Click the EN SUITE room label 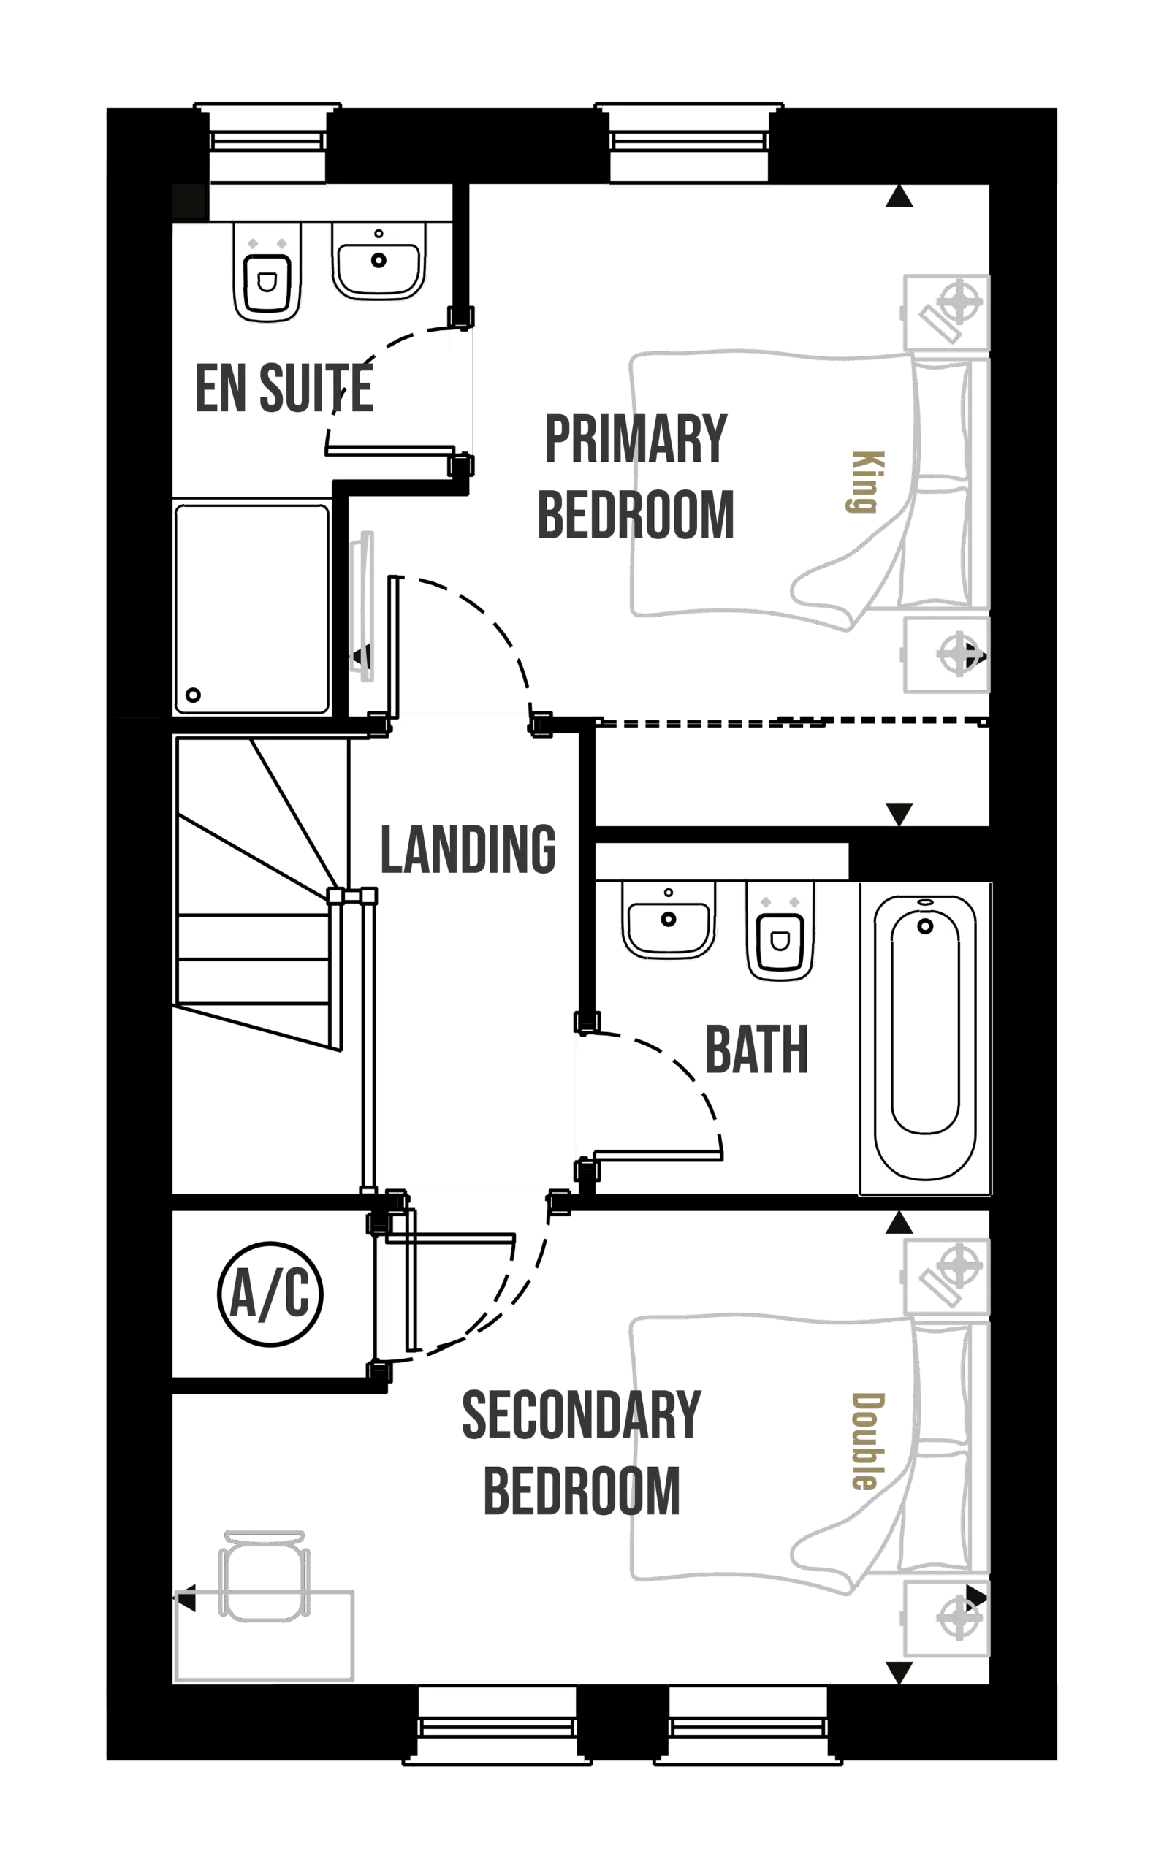point(283,389)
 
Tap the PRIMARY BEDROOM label point(636,477)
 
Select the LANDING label point(468,849)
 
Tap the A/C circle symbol point(270,1294)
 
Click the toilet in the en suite point(267,271)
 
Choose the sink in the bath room point(668,920)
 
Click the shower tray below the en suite point(252,608)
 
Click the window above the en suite point(268,146)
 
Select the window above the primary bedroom point(689,146)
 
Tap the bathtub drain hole point(925,926)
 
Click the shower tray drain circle point(192,695)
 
